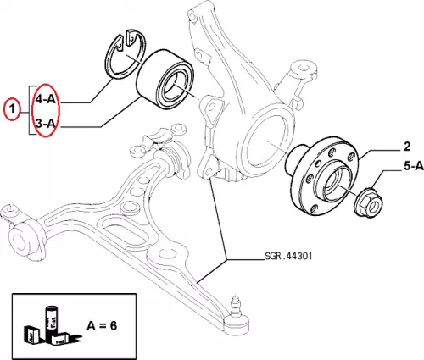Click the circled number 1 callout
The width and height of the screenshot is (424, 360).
[x=12, y=108]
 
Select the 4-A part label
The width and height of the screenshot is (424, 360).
[x=45, y=99]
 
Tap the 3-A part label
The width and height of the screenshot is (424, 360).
[x=45, y=123]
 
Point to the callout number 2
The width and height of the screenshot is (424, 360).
[x=407, y=147]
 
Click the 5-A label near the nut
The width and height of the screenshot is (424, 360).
[x=414, y=166]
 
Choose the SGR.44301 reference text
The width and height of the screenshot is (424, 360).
[x=288, y=256]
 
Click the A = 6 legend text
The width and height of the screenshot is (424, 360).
[x=102, y=326]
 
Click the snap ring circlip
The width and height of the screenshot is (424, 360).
[x=126, y=53]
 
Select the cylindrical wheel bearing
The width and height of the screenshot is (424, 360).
[x=165, y=80]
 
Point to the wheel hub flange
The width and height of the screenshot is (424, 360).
[x=322, y=176]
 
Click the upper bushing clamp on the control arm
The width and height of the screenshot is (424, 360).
[x=159, y=138]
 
